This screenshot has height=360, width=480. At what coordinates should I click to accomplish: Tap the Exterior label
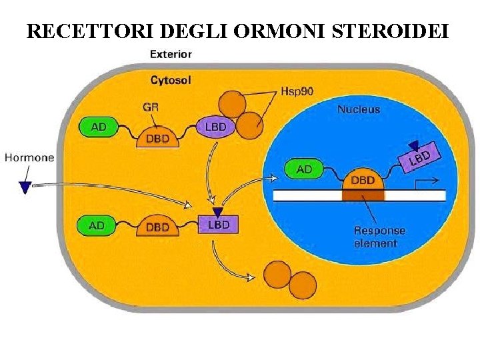pyautogui.click(x=171, y=54)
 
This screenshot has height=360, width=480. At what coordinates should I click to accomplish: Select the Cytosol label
pyautogui.click(x=171, y=81)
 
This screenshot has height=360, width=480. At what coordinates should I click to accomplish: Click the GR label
pyautogui.click(x=151, y=106)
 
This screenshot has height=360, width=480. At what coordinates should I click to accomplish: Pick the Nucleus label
pyautogui.click(x=359, y=109)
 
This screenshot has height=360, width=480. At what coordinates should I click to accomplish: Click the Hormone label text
pyautogui.click(x=29, y=158)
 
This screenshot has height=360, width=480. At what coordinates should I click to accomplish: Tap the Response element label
pyautogui.click(x=379, y=237)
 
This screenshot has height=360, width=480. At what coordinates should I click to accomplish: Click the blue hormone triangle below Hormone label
pyautogui.click(x=25, y=186)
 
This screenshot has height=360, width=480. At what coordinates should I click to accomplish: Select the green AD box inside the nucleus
pyautogui.click(x=304, y=169)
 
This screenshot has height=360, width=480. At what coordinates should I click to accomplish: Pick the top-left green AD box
pyautogui.click(x=98, y=127)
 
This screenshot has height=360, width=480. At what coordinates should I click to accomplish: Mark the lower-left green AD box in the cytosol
pyautogui.click(x=97, y=225)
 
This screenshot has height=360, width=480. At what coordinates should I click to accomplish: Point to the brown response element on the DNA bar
pyautogui.click(x=363, y=195)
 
